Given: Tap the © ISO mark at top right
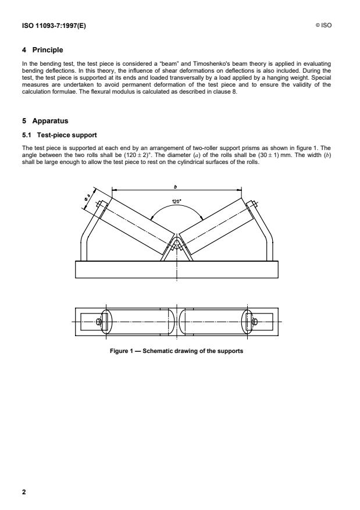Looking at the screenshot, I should (x=327, y=26).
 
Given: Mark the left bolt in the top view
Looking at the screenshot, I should (x=99, y=321).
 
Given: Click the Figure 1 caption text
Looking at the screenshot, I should (x=176, y=352).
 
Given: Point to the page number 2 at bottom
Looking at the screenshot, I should (x=24, y=492).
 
